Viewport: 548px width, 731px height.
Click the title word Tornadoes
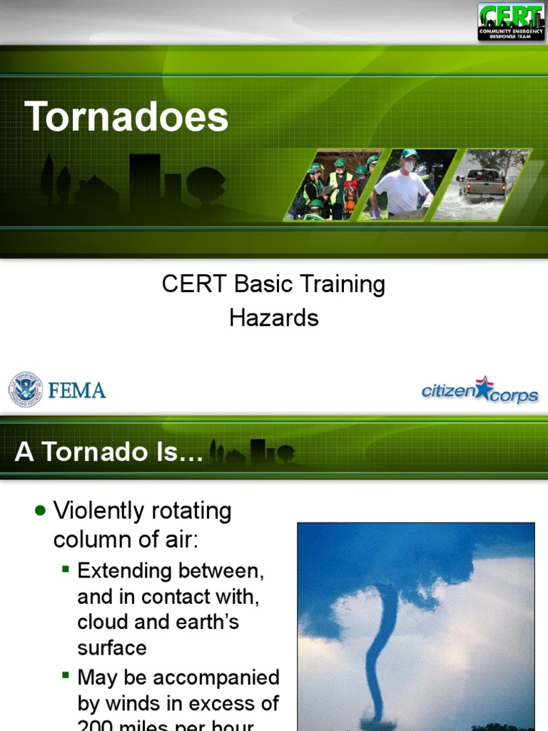[126, 116]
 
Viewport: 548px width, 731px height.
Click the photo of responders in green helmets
[332, 185]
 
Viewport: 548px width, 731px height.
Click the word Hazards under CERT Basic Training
[274, 318]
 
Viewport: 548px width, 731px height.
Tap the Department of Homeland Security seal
[25, 390]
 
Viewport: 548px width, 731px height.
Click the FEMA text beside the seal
[77, 390]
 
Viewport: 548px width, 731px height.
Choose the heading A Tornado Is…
[108, 453]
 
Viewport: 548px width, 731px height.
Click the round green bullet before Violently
[40, 510]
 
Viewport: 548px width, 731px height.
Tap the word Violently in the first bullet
[98, 511]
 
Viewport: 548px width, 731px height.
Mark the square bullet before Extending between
[66, 569]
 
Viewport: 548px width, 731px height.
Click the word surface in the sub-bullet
[112, 647]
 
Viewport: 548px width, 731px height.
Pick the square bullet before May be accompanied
[66, 675]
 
